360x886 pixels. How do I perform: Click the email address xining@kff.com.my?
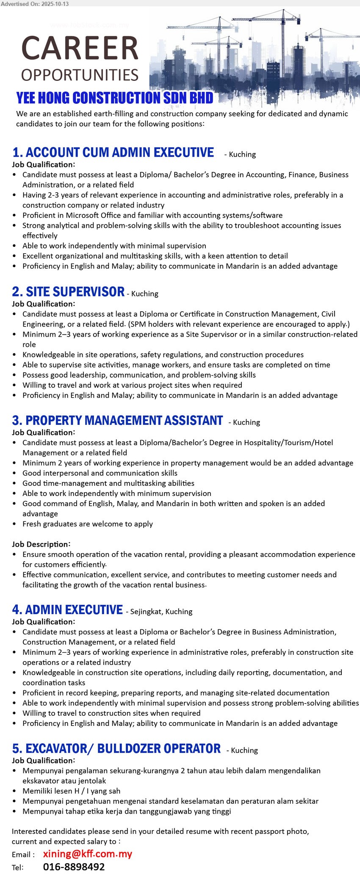88,854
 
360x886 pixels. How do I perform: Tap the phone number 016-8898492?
74,867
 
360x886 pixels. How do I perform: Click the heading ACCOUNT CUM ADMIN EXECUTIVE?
113,152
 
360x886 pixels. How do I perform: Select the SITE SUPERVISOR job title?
68,292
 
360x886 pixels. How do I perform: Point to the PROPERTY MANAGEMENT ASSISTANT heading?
117,421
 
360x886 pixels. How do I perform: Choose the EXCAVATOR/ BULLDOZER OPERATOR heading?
116,749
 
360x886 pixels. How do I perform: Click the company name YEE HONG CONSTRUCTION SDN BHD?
114,98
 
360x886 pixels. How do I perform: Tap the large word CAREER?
80,48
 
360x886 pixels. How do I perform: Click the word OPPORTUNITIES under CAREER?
80,75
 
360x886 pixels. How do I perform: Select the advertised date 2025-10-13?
55,4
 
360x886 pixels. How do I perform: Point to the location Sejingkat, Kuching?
161,612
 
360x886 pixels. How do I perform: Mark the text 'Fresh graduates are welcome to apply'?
88,524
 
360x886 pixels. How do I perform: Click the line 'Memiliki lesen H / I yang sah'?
72,791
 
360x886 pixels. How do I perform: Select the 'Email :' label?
23,855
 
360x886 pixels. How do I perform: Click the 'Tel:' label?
18,868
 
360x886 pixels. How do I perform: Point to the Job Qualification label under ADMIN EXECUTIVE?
43,622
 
